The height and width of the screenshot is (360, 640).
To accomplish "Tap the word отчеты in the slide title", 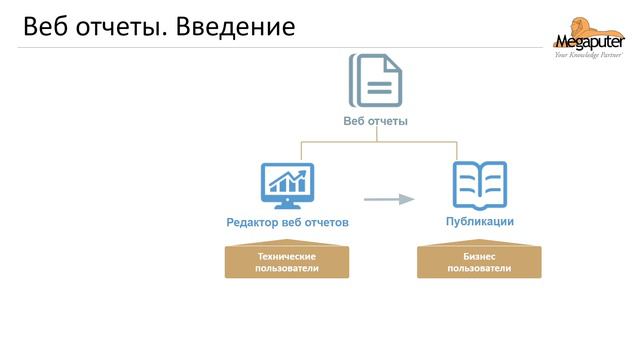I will pyautogui.click(x=119, y=27).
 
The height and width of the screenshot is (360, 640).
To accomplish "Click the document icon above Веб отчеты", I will pyautogui.click(x=375, y=80).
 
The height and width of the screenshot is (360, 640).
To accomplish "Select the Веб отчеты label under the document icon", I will pyautogui.click(x=375, y=121).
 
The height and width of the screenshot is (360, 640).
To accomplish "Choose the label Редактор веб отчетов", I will pyautogui.click(x=287, y=222).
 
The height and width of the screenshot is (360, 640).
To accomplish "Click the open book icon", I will pyautogui.click(x=480, y=182).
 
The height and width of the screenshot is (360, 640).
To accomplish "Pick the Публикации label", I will pyautogui.click(x=480, y=221).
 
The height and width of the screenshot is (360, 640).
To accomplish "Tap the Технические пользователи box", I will pyautogui.click(x=287, y=262).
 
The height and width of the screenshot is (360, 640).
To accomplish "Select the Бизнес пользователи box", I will pyautogui.click(x=480, y=262).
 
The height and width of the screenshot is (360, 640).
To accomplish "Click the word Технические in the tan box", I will pyautogui.click(x=287, y=257).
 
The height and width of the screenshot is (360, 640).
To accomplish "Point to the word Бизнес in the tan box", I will pyautogui.click(x=480, y=257).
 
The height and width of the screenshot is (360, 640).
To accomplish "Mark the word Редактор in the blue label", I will pyautogui.click(x=251, y=222).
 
